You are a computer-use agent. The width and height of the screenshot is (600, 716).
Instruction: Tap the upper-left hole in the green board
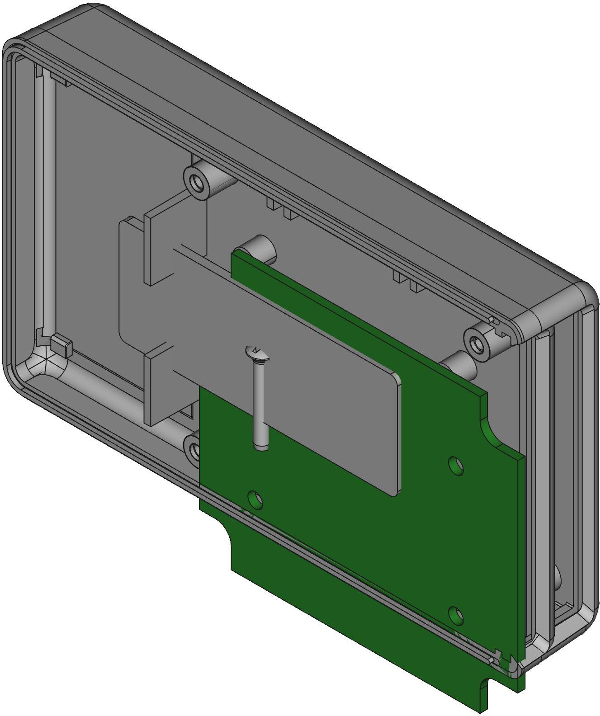(256, 499)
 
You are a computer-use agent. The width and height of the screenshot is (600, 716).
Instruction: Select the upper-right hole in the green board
(456, 466)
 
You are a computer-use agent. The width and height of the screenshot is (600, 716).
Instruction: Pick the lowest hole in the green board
(456, 616)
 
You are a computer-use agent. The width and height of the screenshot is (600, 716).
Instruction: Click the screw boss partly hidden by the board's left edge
(193, 449)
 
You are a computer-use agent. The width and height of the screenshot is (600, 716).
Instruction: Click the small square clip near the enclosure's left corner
(61, 346)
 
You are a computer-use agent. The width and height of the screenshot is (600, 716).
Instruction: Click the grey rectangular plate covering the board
(317, 384)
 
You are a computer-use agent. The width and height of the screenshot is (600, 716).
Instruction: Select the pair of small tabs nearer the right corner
(407, 281)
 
